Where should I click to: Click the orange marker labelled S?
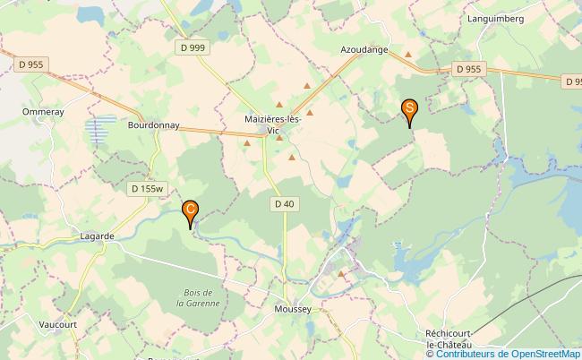[409, 111]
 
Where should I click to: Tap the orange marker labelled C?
[191, 212]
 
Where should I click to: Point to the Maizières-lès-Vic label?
[274, 124]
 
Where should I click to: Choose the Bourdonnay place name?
[154, 126]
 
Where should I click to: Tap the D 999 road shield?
[192, 47]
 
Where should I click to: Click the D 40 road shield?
[284, 204]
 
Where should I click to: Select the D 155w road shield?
[147, 189]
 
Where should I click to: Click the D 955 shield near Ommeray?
[31, 64]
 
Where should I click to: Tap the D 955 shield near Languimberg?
[468, 68]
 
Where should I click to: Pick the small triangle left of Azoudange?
[408, 55]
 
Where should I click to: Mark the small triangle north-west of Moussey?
[340, 274]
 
